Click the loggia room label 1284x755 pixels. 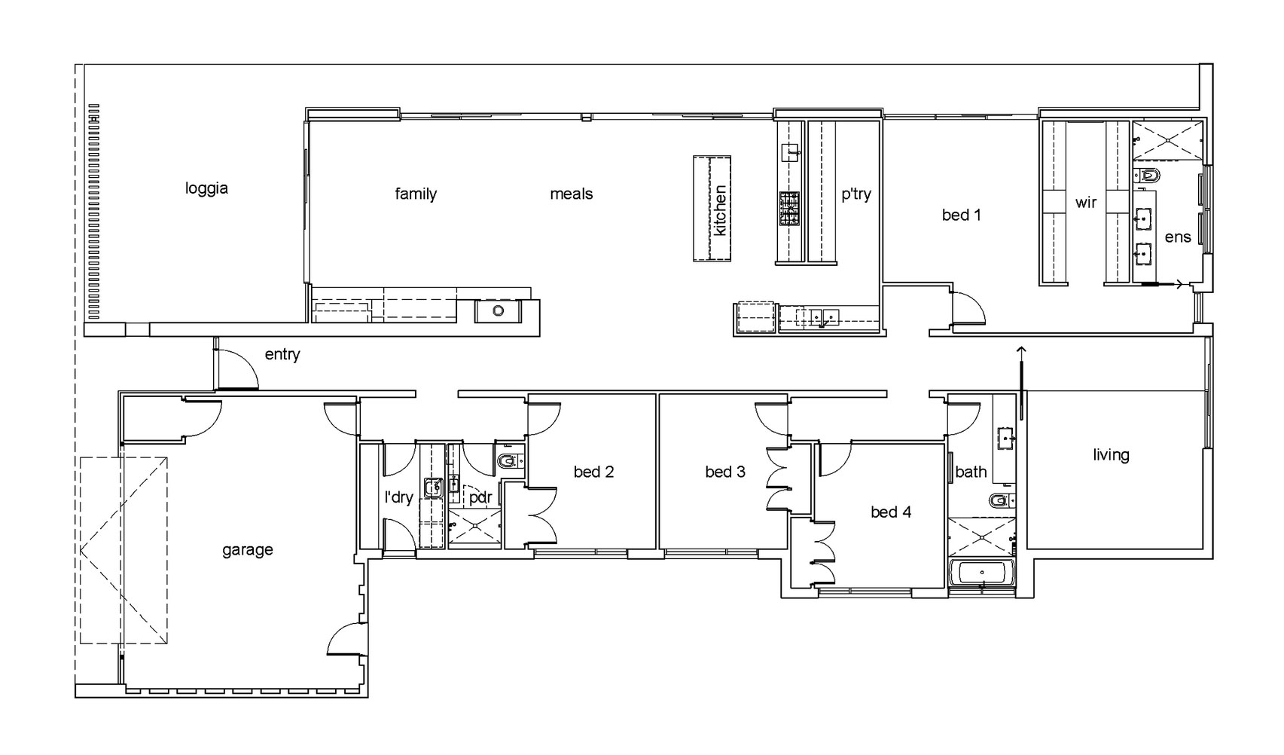[x=206, y=188]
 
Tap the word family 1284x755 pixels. [x=416, y=194]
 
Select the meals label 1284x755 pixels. [x=572, y=194]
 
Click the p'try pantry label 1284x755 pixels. [x=856, y=194]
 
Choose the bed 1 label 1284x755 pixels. [x=961, y=215]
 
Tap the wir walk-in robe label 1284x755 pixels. [x=1086, y=203]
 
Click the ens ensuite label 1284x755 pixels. [x=1177, y=237]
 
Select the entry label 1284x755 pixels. [x=282, y=355]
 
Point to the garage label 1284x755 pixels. [x=248, y=550]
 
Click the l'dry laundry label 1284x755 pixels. [x=398, y=497]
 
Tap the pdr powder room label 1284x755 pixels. [x=480, y=497]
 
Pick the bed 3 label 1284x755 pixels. [x=725, y=472]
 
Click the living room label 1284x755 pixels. [x=1111, y=455]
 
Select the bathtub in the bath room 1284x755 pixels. [x=982, y=573]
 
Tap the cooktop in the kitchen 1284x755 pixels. [x=788, y=208]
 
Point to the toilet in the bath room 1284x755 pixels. [x=1002, y=500]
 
